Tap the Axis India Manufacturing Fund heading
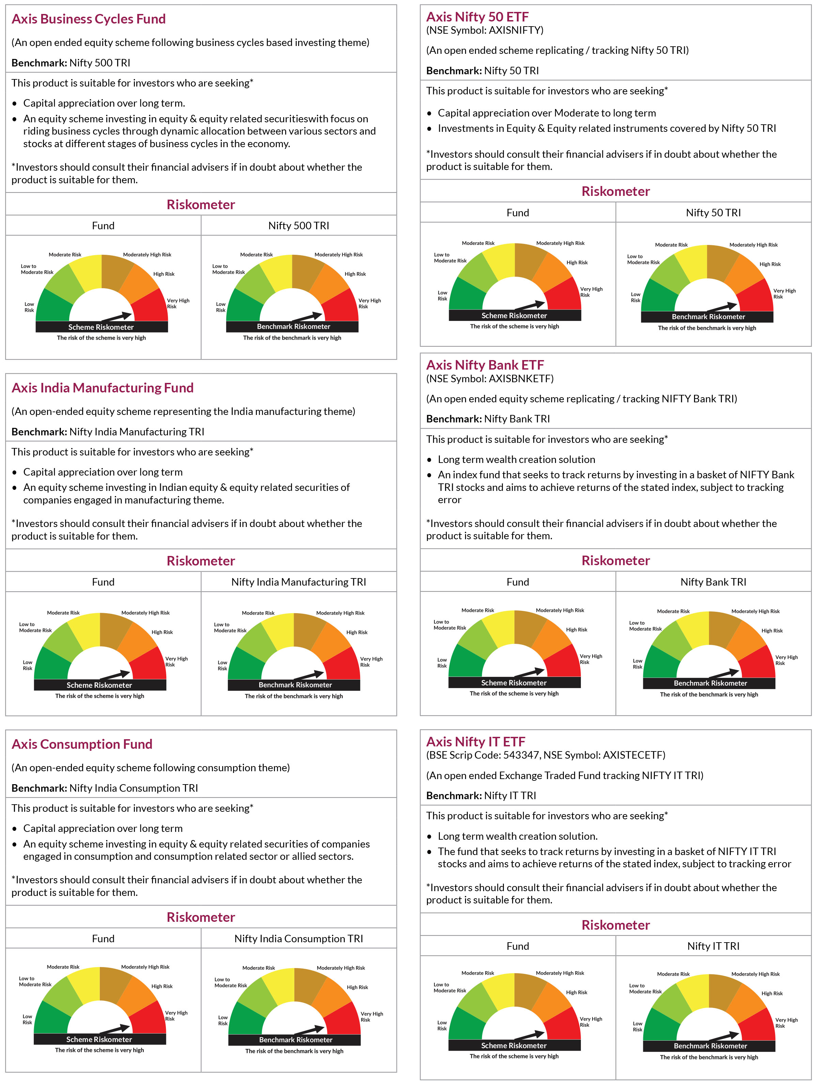[102, 388]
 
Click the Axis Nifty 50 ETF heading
[477, 17]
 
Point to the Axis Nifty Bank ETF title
[485, 365]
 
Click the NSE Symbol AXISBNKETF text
[490, 378]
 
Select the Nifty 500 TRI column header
[298, 226]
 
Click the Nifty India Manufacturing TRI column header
[298, 582]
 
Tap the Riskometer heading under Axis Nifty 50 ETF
[616, 191]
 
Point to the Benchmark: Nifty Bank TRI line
[488, 419]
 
